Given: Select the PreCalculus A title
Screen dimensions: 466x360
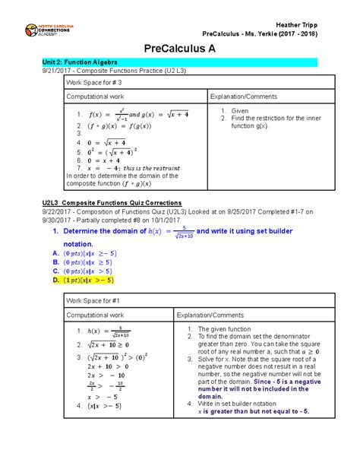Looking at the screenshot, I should click(180, 46).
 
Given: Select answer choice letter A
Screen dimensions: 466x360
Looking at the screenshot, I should click(45, 250).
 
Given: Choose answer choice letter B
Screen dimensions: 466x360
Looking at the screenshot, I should click(45, 260).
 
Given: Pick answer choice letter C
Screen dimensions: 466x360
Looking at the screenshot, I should click(45, 270).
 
